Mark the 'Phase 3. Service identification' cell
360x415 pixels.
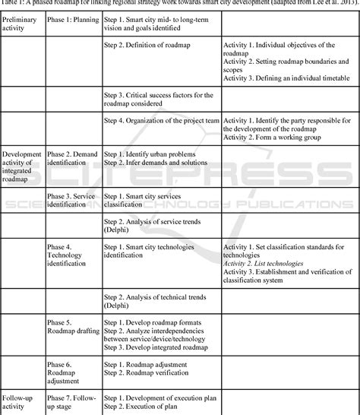(x=71, y=200)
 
